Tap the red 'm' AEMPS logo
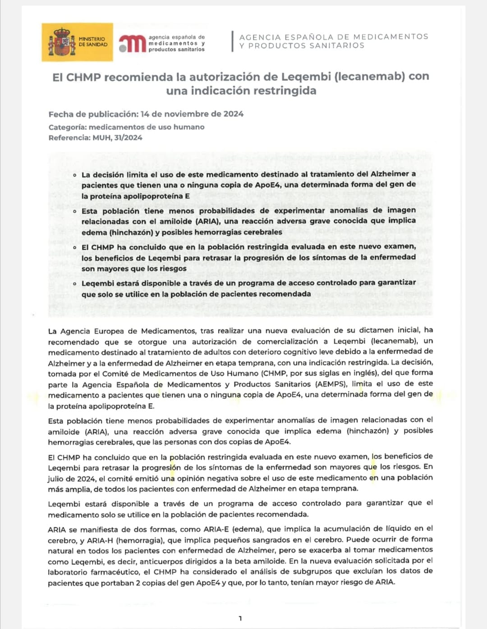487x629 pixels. [x=133, y=44]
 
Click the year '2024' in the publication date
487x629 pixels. [x=233, y=114]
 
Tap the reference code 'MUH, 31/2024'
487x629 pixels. [x=117, y=138]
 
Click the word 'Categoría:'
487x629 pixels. [x=67, y=127]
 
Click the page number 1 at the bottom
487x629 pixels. [x=240, y=618]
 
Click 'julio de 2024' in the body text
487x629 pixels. [x=71, y=479]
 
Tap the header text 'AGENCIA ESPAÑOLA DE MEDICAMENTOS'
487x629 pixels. [x=334, y=37]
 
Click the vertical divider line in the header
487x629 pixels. [x=232, y=41]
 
